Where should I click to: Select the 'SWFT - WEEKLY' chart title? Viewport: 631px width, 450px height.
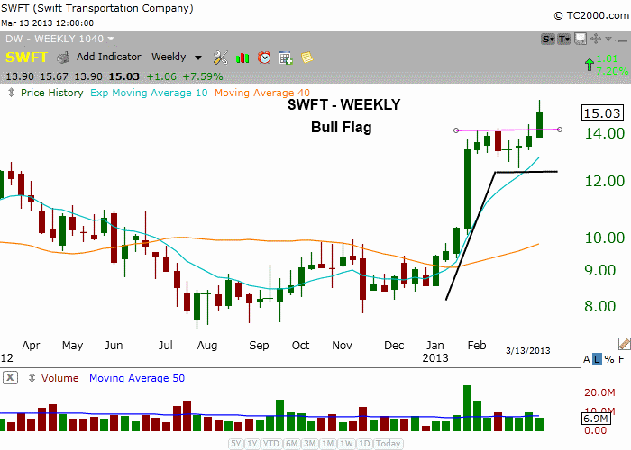pos(343,105)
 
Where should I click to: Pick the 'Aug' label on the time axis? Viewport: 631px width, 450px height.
pos(206,345)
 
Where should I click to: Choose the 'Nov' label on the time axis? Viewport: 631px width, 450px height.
pos(342,345)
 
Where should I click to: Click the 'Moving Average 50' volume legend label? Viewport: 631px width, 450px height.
pos(137,378)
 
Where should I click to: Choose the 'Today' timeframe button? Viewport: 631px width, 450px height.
pos(389,444)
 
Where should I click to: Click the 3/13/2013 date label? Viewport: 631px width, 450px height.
pos(527,350)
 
